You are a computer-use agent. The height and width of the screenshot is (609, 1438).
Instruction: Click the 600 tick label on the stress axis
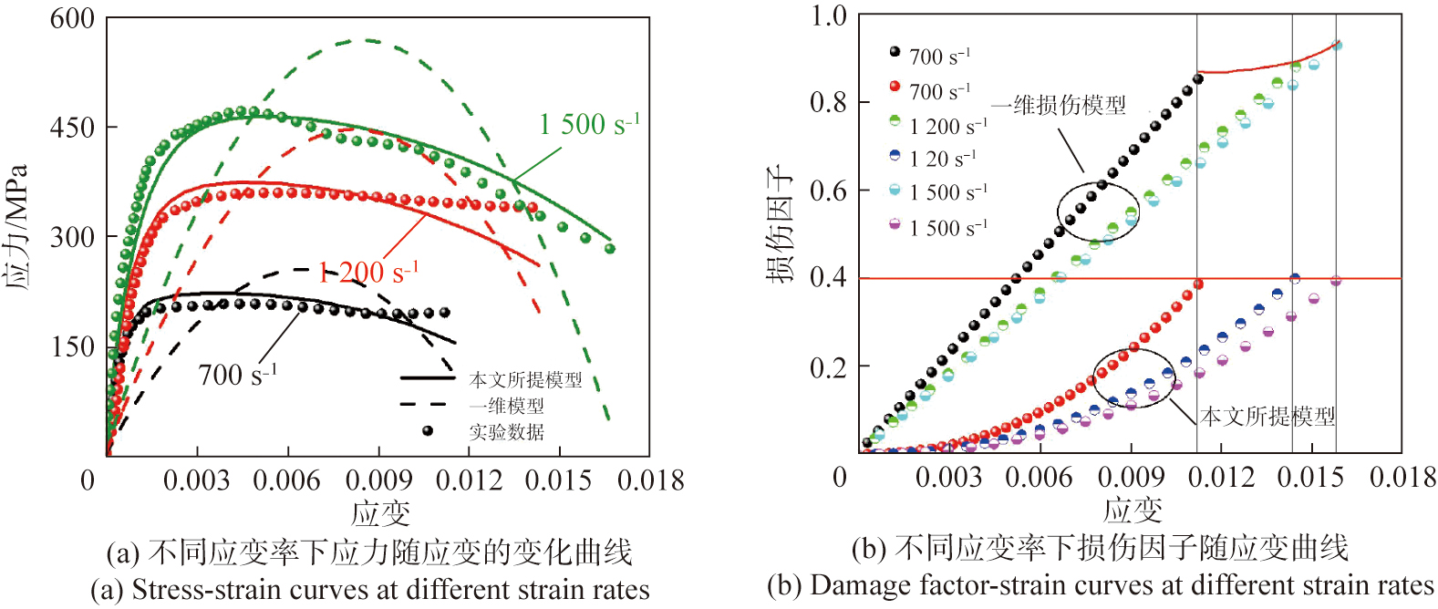tap(72, 18)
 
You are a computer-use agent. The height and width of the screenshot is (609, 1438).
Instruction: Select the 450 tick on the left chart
tap(72, 128)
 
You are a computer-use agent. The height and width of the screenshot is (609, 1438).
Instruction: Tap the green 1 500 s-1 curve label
tap(589, 124)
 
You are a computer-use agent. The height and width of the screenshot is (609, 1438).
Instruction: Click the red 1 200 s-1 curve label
tap(368, 272)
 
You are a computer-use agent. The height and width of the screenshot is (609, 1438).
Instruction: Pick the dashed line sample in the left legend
tap(427, 404)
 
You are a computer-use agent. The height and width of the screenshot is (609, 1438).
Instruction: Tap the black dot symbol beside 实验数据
tap(427, 430)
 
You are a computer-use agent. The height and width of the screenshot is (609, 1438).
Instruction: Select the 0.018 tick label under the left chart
tap(650, 480)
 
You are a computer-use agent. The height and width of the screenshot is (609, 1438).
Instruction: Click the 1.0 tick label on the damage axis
tap(828, 15)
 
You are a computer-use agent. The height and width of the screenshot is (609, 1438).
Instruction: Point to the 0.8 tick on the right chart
tap(828, 102)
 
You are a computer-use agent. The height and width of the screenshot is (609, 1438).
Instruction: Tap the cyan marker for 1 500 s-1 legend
tap(895, 190)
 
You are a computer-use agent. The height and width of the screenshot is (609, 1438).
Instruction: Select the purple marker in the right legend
tap(895, 224)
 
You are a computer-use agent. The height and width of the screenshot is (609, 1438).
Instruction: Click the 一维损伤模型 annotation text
tap(1059, 105)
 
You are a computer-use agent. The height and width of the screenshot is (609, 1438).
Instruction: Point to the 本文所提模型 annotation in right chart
tap(1267, 417)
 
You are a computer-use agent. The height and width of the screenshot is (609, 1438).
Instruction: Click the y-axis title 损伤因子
tap(781, 224)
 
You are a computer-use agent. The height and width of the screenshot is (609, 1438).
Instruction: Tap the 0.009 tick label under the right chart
tap(1131, 476)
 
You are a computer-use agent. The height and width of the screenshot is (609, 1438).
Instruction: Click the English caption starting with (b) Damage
tap(1101, 585)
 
